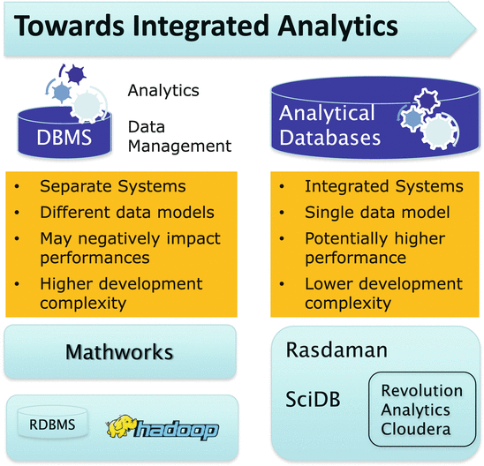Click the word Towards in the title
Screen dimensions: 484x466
69,26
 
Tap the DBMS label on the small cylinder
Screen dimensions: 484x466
64,137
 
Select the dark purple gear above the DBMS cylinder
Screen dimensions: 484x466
76,74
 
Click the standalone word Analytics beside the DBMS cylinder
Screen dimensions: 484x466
163,91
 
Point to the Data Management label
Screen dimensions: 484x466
179,136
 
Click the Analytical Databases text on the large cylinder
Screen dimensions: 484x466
329,125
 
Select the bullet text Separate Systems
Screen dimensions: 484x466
113,186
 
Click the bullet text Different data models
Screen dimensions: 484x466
127,213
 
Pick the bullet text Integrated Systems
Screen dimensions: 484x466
384,186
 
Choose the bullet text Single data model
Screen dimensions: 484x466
377,213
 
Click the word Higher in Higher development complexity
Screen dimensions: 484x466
66,284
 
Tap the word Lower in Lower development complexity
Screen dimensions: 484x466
329,283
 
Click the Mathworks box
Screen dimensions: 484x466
120,351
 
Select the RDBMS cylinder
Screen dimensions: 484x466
52,423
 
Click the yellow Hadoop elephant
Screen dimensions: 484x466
121,426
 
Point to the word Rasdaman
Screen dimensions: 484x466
337,350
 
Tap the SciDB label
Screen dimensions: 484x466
313,399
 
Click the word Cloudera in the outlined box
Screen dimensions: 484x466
415,429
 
